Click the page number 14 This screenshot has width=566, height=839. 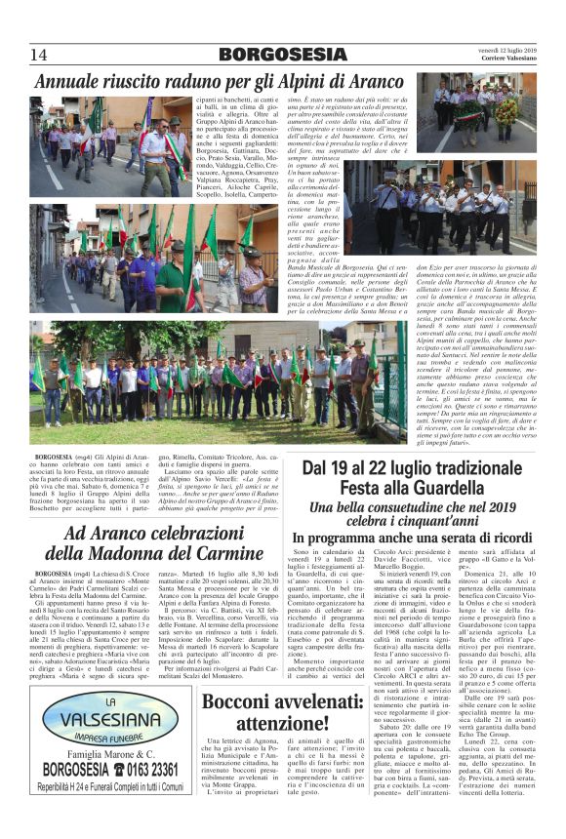tap(39, 55)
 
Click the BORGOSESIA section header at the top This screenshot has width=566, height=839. tap(282, 55)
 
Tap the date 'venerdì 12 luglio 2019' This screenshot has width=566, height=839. tap(497, 50)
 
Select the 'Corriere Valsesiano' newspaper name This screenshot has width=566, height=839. tap(498, 60)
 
